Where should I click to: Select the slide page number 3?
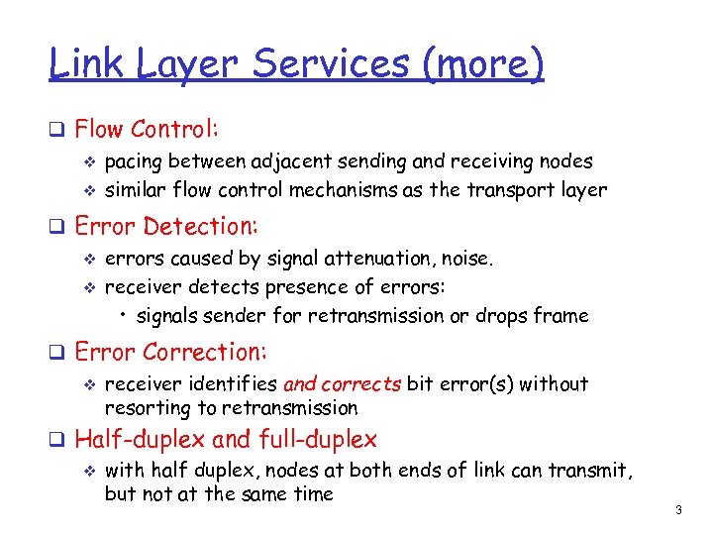click(678, 510)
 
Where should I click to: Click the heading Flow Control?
click(147, 129)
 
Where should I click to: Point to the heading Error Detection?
click(166, 226)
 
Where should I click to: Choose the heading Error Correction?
click(170, 352)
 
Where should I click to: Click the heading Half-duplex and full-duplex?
click(226, 439)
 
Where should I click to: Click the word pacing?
click(135, 161)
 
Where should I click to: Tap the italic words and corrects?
click(342, 383)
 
